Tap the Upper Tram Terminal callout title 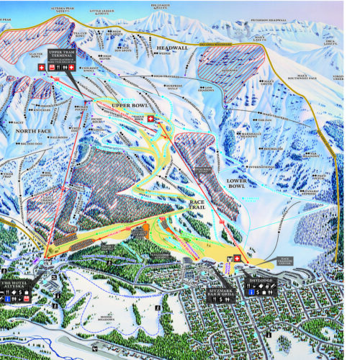pos(63,55)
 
